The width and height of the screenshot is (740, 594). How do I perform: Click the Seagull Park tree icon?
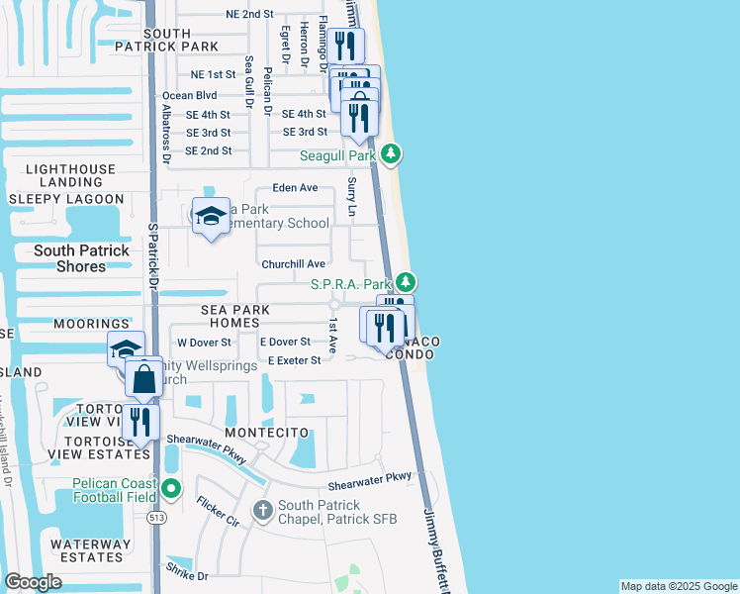[x=392, y=154]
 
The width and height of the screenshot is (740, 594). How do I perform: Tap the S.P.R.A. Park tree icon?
[x=407, y=283]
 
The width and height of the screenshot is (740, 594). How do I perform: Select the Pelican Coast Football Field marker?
[x=172, y=488]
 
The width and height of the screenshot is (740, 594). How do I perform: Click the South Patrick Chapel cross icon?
[x=262, y=510]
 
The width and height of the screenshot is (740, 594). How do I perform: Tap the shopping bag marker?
[x=144, y=378]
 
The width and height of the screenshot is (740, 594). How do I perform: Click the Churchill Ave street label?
[x=293, y=264]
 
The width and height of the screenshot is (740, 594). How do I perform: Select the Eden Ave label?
[x=296, y=187]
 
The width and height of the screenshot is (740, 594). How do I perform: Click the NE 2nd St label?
[x=249, y=14]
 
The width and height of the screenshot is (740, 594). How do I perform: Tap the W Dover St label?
[x=204, y=343]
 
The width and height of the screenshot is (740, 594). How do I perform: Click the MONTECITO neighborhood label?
[x=267, y=434]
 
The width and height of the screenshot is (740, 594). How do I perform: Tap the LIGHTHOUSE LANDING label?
[x=70, y=176]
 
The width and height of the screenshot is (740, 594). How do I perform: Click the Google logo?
[x=33, y=582]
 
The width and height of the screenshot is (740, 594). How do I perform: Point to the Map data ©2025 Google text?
[x=678, y=586]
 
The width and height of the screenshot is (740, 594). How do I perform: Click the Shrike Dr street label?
[x=188, y=575]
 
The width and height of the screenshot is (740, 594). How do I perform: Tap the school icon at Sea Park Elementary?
[x=211, y=216]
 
